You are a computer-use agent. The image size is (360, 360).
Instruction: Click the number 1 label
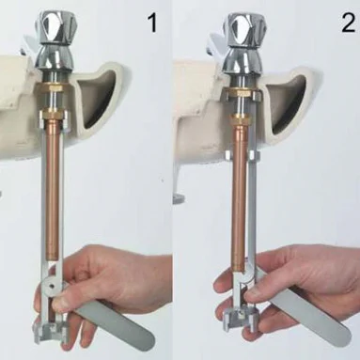(x=152, y=23)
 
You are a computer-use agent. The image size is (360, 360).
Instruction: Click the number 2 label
(x=348, y=23)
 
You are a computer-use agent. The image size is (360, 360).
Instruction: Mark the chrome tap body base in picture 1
(x=54, y=59)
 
